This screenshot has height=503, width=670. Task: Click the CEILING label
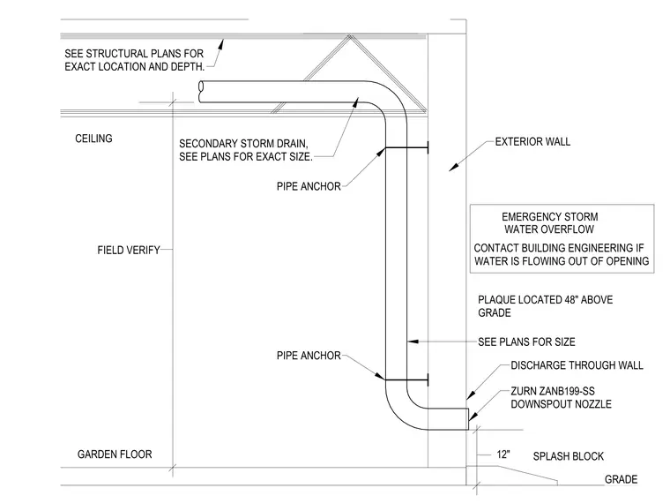[93, 139]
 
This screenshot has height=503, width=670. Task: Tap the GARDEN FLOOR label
[115, 454]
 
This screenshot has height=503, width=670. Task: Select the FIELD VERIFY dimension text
[129, 251]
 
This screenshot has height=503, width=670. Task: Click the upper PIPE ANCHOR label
[309, 186]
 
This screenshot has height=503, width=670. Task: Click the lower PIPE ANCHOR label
[309, 356]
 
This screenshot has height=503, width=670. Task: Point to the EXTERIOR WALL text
[532, 141]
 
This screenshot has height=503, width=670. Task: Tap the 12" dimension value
[503, 454]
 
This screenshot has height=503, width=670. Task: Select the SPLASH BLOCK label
[569, 456]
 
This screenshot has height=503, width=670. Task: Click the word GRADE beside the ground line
[621, 479]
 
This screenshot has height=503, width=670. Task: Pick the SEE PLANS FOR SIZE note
[526, 342]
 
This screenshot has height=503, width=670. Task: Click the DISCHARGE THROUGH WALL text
[577, 365]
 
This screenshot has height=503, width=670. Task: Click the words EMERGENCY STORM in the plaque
[549, 217]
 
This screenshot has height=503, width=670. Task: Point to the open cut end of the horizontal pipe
[201, 92]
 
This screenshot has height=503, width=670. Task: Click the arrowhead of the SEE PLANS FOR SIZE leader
[413, 342]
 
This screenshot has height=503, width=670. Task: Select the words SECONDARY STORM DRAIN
[243, 143]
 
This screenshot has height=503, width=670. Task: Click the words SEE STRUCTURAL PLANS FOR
[134, 54]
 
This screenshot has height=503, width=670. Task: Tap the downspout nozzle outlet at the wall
[468, 419]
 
